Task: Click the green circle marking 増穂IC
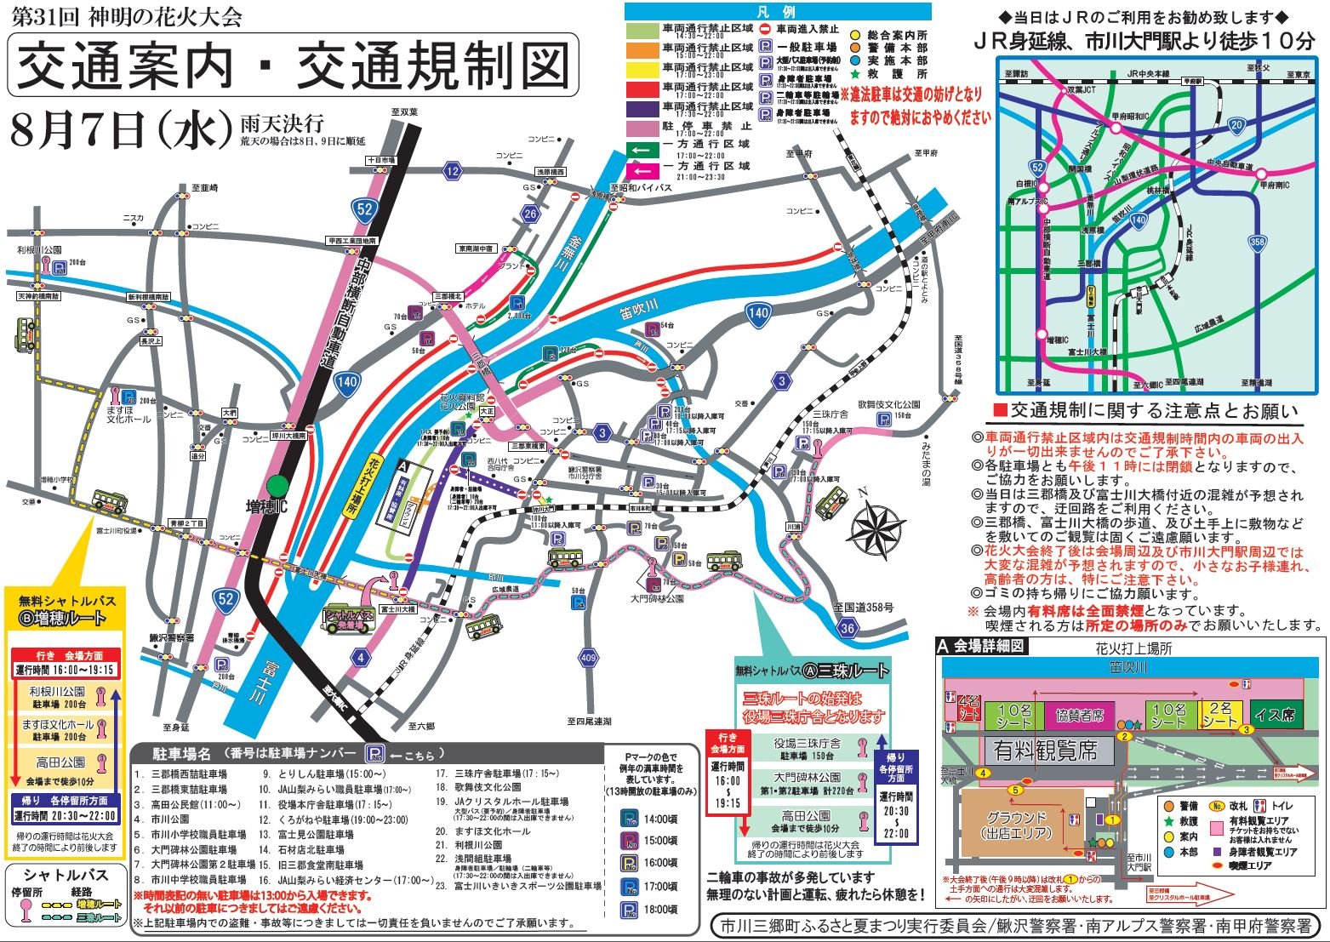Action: click(x=277, y=486)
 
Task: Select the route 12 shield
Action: click(x=452, y=171)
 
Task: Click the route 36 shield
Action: click(x=848, y=628)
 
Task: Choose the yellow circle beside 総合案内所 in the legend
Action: click(x=856, y=35)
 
